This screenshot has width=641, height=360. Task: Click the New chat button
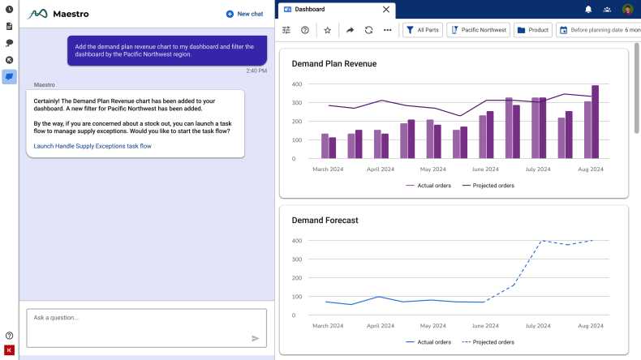[x=244, y=14]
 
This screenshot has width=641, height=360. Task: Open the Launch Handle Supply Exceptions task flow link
[x=92, y=146]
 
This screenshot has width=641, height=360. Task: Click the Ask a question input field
[x=138, y=318]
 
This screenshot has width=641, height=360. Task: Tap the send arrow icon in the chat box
[x=256, y=338]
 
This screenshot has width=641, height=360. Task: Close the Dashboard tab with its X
[x=385, y=10]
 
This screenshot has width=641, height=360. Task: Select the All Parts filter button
[x=422, y=30]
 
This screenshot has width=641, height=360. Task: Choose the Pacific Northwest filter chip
[x=478, y=30]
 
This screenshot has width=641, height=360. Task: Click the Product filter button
[x=532, y=30]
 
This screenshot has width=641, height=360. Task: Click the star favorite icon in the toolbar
[x=328, y=30]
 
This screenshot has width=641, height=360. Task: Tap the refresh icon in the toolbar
[x=369, y=30]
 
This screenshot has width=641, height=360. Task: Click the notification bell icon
[x=588, y=9]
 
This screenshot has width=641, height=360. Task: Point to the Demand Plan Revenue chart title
[x=333, y=63]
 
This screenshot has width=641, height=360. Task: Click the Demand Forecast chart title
[x=325, y=220]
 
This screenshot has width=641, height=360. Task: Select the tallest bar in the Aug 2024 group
[x=595, y=122]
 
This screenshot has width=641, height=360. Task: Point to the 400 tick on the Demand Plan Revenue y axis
[x=297, y=84]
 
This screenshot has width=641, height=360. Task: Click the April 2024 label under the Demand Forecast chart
[x=381, y=326]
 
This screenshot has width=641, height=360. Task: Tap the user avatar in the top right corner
[x=628, y=9]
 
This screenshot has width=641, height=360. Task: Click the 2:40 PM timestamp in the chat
[x=256, y=71]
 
